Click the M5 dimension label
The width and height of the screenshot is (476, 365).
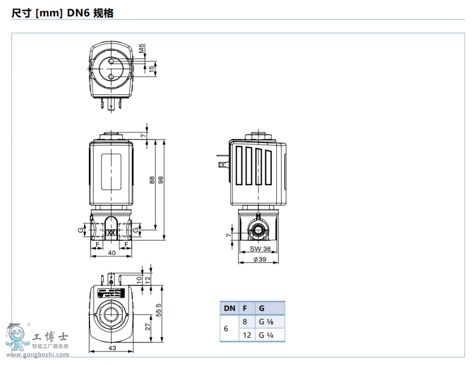[142, 50]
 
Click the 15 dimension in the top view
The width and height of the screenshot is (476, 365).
[152, 68]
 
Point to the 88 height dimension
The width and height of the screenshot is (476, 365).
[152, 180]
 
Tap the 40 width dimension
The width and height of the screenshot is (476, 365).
[111, 253]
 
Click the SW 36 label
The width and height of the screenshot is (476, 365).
[260, 249]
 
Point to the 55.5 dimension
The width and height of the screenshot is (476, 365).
[159, 312]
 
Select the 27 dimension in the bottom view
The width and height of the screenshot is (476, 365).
[148, 326]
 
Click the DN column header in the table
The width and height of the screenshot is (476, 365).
[230, 308]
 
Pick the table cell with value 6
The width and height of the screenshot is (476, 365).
[226, 328]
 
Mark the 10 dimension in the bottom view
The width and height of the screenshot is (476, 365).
[139, 279]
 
